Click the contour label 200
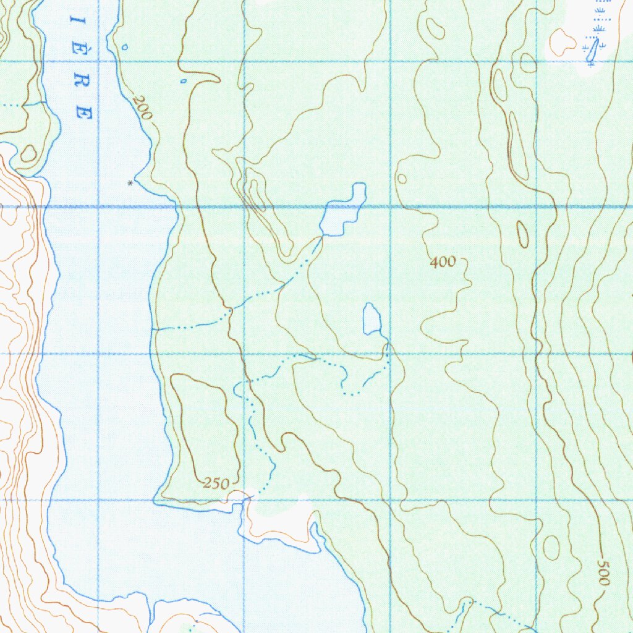click(x=142, y=108)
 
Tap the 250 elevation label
click(x=216, y=484)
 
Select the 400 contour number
click(x=443, y=263)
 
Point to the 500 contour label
click(x=604, y=572)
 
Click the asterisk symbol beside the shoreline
click(x=130, y=183)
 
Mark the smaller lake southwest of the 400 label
click(x=372, y=319)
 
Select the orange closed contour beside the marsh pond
click(x=563, y=41)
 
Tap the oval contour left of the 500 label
click(x=551, y=548)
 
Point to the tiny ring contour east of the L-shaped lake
click(x=402, y=179)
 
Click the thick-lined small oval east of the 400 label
click(x=523, y=234)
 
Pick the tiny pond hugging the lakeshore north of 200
click(x=125, y=46)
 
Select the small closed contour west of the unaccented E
click(x=28, y=154)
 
